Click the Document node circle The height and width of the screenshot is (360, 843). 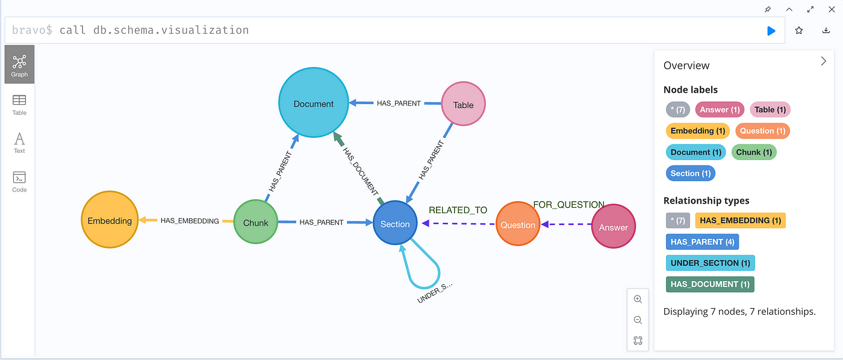click(314, 103)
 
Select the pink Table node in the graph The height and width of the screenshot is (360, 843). click(463, 104)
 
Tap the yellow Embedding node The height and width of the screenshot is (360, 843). click(110, 220)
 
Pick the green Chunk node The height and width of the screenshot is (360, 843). click(256, 222)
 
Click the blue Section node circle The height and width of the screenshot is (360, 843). click(395, 223)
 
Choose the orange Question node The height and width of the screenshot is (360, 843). click(518, 224)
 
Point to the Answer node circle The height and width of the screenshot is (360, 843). click(614, 226)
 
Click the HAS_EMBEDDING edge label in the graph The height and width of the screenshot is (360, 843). click(190, 221)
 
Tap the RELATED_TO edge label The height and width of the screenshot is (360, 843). click(458, 210)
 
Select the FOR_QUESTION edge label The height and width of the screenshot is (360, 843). click(568, 205)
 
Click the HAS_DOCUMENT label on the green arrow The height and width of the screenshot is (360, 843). click(360, 171)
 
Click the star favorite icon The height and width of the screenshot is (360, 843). click(799, 31)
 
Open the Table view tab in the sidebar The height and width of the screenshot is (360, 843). click(19, 105)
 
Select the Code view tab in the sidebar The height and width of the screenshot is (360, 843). click(19, 182)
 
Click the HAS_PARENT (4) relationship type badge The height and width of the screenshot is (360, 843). click(702, 242)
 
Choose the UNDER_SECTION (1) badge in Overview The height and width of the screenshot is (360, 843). click(710, 263)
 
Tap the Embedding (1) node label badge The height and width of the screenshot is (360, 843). click(698, 131)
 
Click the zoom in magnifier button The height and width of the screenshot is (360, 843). click(638, 299)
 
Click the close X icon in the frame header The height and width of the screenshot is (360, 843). click(832, 10)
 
